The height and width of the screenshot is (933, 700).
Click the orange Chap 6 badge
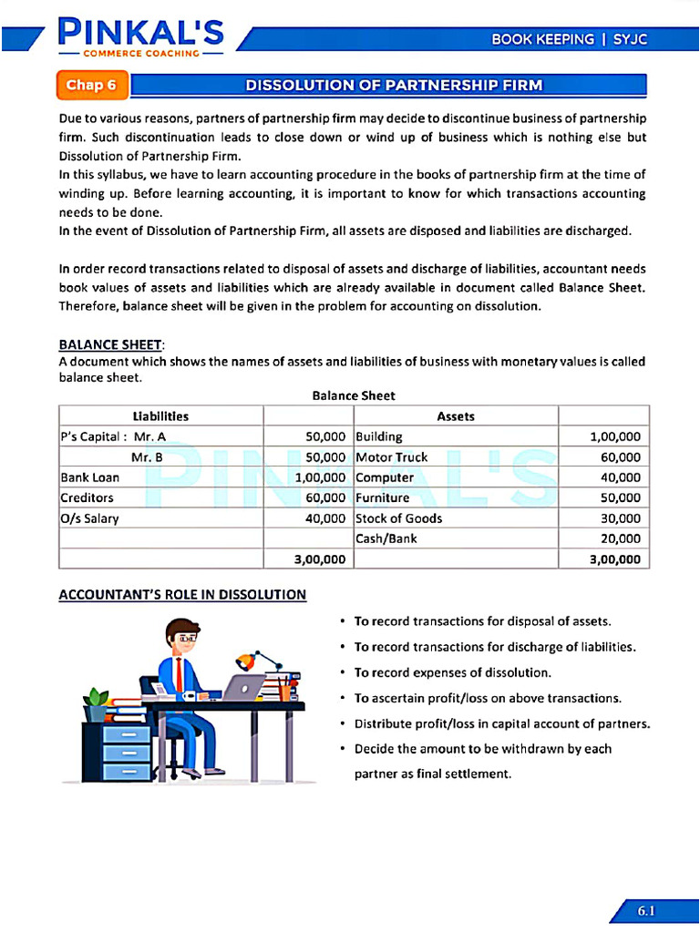pyautogui.click(x=91, y=86)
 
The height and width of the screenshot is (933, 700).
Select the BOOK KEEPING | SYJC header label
pyautogui.click(x=570, y=39)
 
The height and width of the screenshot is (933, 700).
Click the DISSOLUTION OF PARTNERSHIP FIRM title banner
pyautogui.click(x=394, y=86)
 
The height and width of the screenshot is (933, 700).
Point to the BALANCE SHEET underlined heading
pyautogui.click(x=111, y=344)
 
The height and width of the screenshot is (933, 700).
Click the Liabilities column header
pyautogui.click(x=160, y=416)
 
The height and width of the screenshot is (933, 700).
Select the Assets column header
pyautogui.click(x=455, y=416)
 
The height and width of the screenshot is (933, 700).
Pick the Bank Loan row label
pyautogui.click(x=89, y=477)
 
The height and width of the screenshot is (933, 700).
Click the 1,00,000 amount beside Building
pyautogui.click(x=615, y=437)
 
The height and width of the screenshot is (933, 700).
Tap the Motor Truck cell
pyautogui.click(x=391, y=457)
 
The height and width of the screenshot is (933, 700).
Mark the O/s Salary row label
pyautogui.click(x=89, y=518)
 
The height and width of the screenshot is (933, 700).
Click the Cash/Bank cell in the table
pyautogui.click(x=386, y=538)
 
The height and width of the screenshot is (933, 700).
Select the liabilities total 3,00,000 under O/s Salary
pyautogui.click(x=320, y=559)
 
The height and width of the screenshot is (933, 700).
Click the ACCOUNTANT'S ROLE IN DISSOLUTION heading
pyautogui.click(x=182, y=595)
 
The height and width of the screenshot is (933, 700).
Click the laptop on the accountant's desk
pyautogui.click(x=244, y=687)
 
